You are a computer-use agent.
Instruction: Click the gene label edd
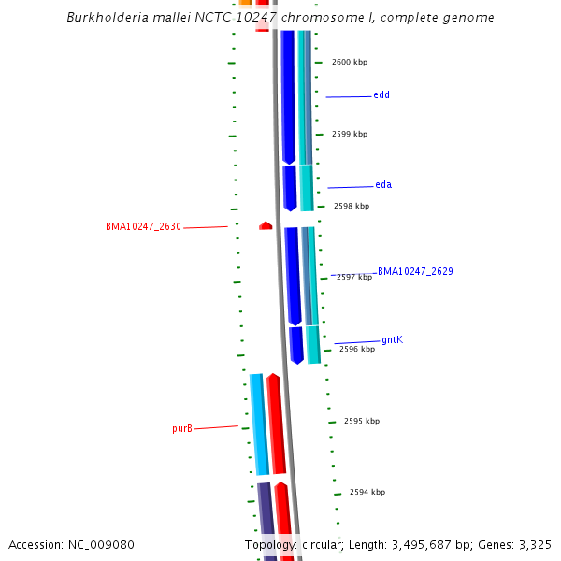point(381,95)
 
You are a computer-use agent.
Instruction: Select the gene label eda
point(383,185)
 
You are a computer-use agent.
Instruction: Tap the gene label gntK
point(393,340)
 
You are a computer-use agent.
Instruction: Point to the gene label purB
point(182,429)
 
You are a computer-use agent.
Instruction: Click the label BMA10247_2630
point(143,227)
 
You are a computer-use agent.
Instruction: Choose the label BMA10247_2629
point(415,272)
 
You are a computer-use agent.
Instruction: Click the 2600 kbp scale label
point(350,63)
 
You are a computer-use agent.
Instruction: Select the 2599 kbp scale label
point(350,135)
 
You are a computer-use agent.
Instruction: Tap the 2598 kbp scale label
point(352,207)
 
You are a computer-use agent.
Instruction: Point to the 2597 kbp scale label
point(354,278)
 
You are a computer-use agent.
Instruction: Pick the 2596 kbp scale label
point(357,350)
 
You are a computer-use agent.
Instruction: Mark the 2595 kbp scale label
point(362,422)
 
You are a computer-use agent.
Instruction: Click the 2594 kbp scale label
point(367,493)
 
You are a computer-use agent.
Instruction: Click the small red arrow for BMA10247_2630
point(266,225)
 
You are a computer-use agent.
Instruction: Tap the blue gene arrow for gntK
point(296,344)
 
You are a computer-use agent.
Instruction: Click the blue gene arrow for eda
point(290,188)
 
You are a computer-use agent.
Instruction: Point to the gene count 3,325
point(535,545)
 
